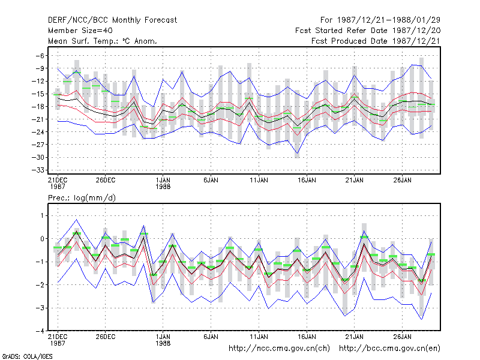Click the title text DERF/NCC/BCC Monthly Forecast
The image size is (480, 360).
point(112,20)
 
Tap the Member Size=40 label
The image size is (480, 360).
point(80,31)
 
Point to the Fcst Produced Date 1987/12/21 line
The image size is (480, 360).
point(376,41)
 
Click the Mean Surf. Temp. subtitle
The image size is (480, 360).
point(102,41)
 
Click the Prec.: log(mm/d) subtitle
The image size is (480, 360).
point(82,198)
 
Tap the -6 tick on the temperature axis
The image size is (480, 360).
point(40,56)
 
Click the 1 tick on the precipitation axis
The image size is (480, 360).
point(43,216)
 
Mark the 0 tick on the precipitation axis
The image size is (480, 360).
point(42,239)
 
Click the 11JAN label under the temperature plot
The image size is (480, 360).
point(259,180)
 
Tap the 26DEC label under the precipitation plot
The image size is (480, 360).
point(106,337)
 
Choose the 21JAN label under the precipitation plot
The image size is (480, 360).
point(354,337)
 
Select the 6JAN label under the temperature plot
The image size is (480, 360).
point(211,180)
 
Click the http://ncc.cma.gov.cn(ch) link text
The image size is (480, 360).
point(279,349)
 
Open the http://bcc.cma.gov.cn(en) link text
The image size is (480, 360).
point(389,349)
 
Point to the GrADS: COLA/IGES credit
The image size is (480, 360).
point(27,356)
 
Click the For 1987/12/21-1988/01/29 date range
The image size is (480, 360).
point(380,20)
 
